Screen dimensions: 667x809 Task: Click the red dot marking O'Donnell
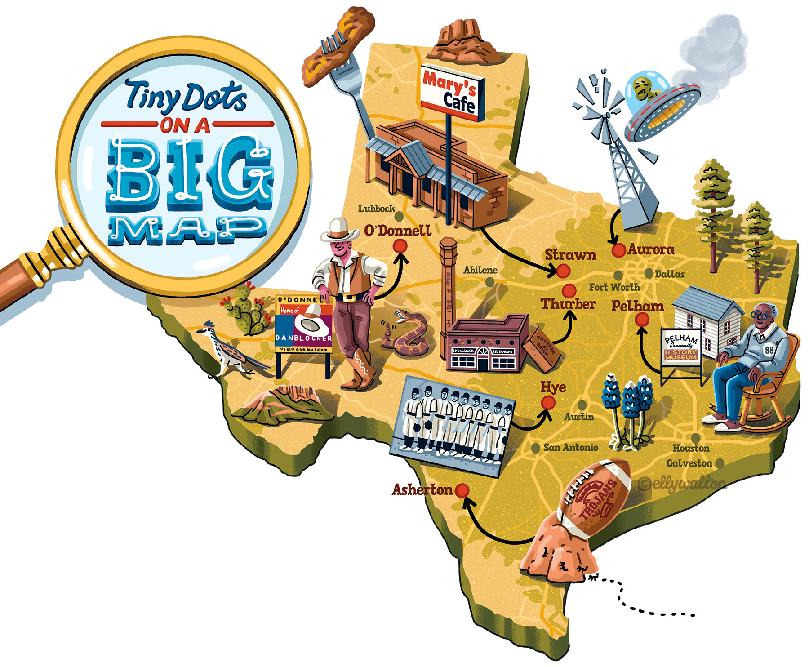coord(400,246)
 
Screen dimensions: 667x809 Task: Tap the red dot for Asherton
coord(462,490)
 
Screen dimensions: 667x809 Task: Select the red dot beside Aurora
coord(619,250)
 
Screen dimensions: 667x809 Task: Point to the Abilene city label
coord(480,270)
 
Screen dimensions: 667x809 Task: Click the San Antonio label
coord(570,447)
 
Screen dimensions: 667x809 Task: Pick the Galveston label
coord(689,463)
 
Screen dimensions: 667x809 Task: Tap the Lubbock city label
coord(376,209)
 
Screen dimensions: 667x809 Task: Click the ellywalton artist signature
coord(681,484)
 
